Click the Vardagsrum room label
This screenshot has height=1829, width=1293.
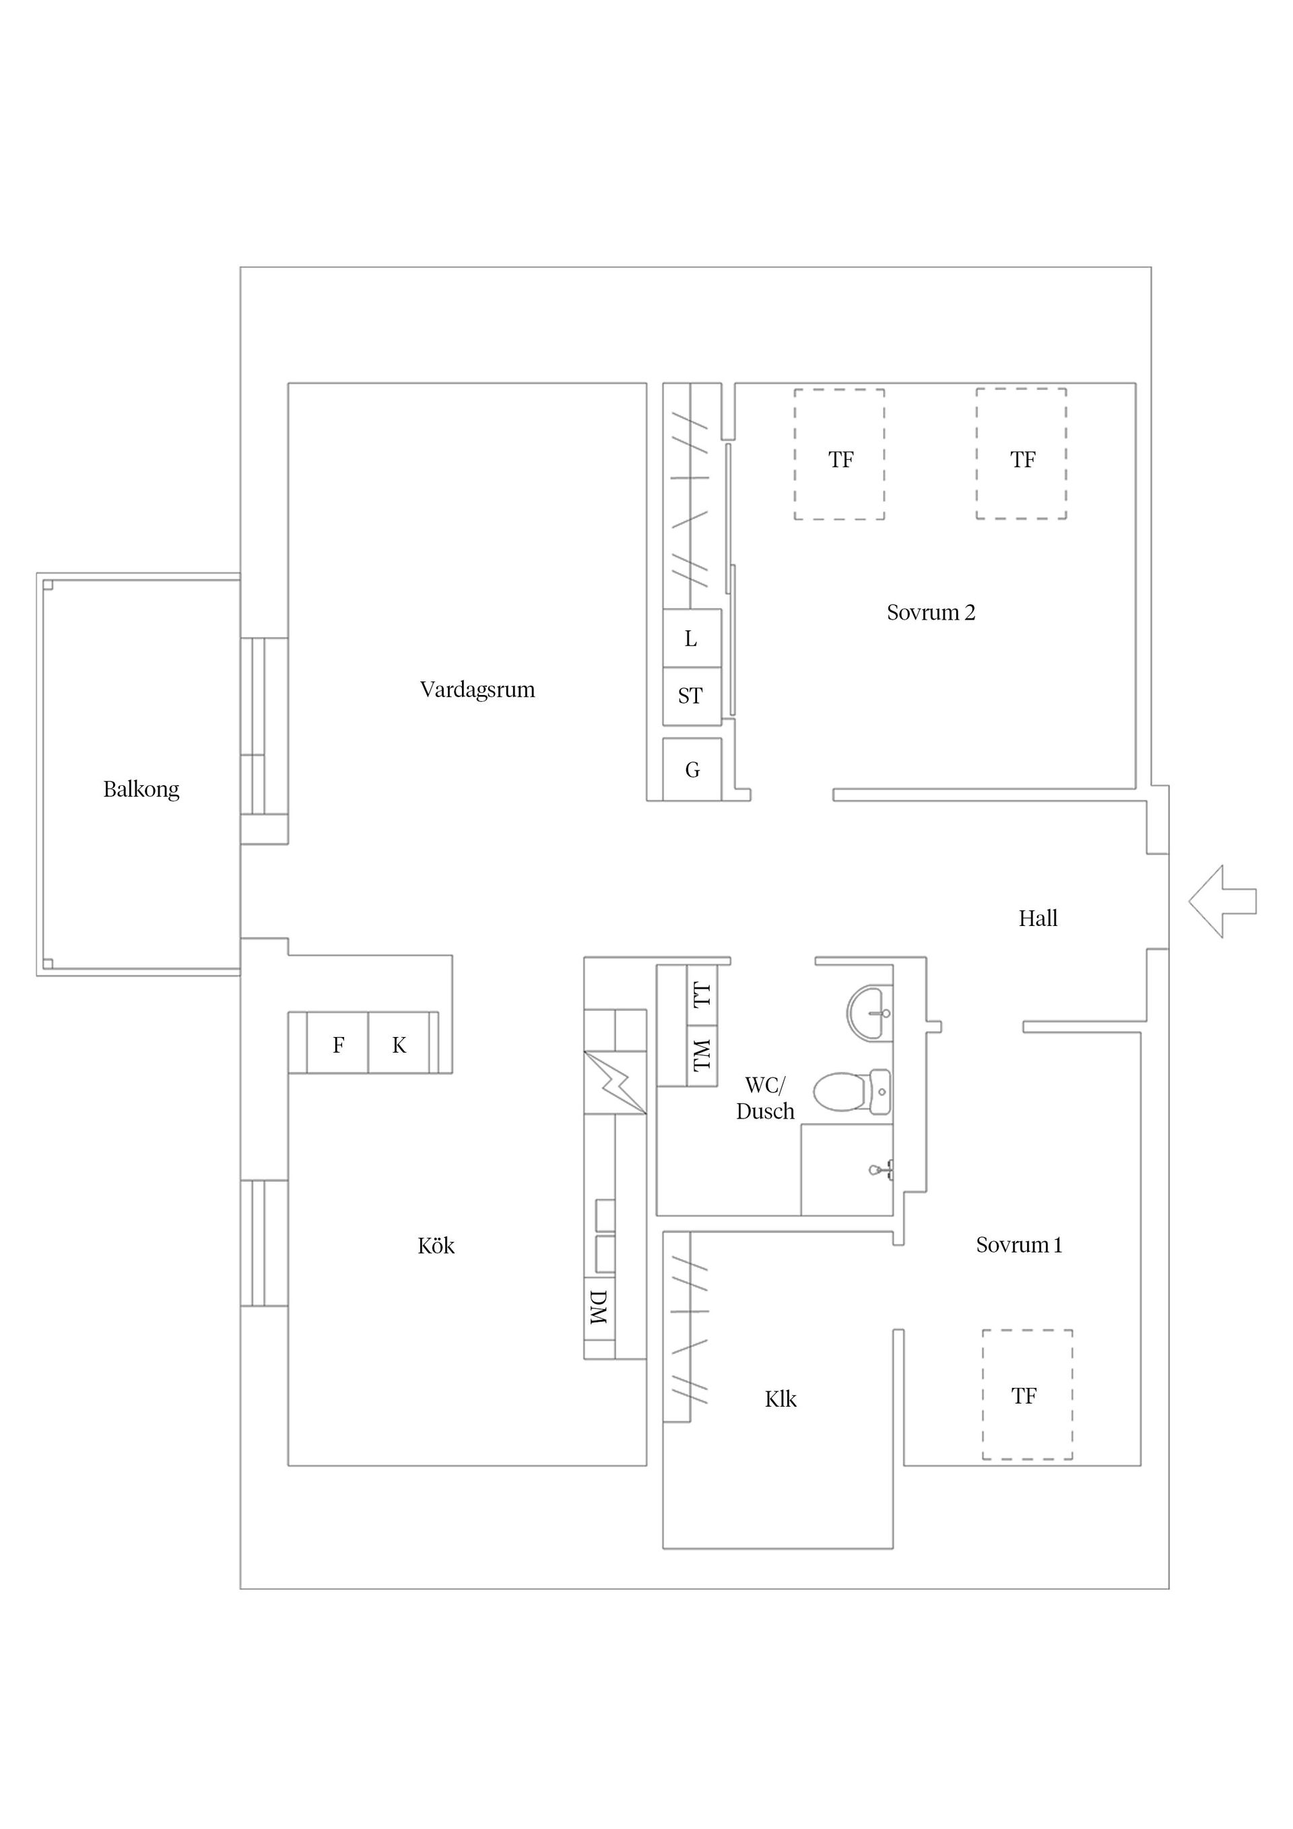pos(477,689)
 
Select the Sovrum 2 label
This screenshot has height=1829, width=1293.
pos(931,613)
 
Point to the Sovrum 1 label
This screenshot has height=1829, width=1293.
pos(1018,1244)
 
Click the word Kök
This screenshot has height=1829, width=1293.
pos(436,1246)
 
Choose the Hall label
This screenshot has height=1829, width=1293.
pos(1037,919)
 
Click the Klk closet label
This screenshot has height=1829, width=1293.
pos(780,1399)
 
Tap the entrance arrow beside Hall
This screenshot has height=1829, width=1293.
pos(1222,901)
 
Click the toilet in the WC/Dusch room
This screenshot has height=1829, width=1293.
pos(849,1092)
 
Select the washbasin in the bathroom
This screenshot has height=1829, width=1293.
pos(868,1013)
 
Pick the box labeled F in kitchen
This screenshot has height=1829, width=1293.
pos(338,1045)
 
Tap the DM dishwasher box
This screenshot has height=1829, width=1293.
pos(599,1307)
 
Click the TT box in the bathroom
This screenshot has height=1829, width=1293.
pos(702,995)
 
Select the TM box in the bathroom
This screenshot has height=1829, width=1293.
pos(702,1055)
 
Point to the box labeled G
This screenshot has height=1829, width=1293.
pos(692,770)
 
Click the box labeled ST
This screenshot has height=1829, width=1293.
pos(691,696)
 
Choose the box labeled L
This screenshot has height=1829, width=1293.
pos(691,639)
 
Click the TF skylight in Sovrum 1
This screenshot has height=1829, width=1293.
pos(1026,1395)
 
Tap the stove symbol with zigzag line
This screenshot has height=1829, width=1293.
pos(614,1083)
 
